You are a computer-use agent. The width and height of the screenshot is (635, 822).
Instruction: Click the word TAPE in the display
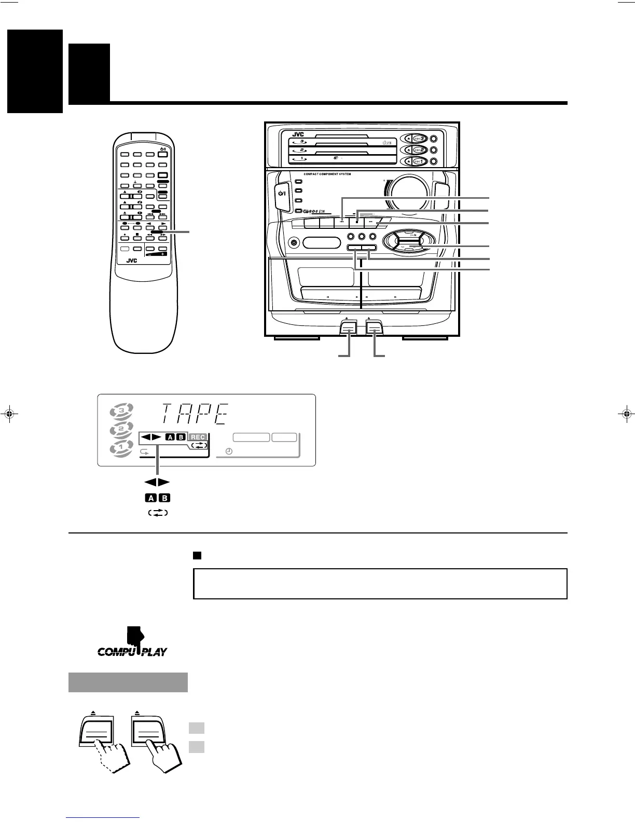196,415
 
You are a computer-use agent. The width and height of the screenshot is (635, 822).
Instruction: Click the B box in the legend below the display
164,498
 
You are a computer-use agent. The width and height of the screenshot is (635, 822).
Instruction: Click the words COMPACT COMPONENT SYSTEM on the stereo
327,174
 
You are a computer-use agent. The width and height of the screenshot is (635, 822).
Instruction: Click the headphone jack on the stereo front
294,242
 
